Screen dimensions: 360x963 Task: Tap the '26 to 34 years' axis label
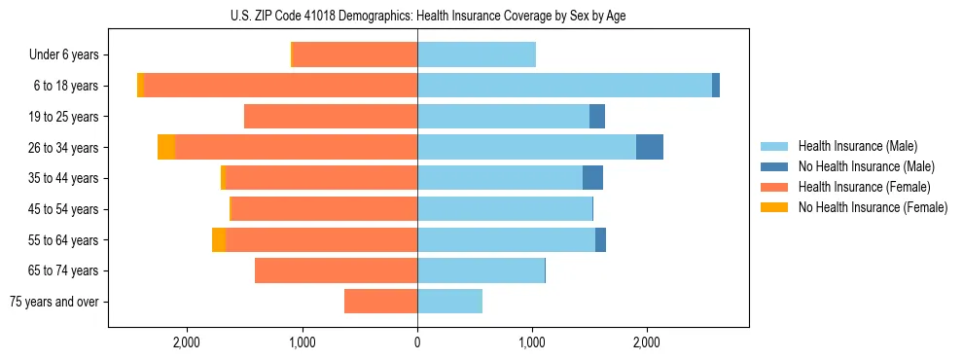[64, 147]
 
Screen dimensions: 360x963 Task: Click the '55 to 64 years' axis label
[64, 239]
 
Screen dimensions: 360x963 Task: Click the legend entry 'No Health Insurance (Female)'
[873, 207]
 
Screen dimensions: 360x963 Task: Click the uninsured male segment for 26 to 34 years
[650, 147]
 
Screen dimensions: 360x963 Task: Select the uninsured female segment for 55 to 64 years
[219, 239]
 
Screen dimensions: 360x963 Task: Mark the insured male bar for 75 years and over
[449, 302]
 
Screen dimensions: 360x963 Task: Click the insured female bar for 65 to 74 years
[336, 270]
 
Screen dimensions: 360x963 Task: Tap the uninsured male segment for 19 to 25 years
[597, 116]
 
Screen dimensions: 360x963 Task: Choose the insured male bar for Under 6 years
[477, 54]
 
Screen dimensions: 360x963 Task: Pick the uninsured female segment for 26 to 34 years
[166, 147]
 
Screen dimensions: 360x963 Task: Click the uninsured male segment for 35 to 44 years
[592, 178]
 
